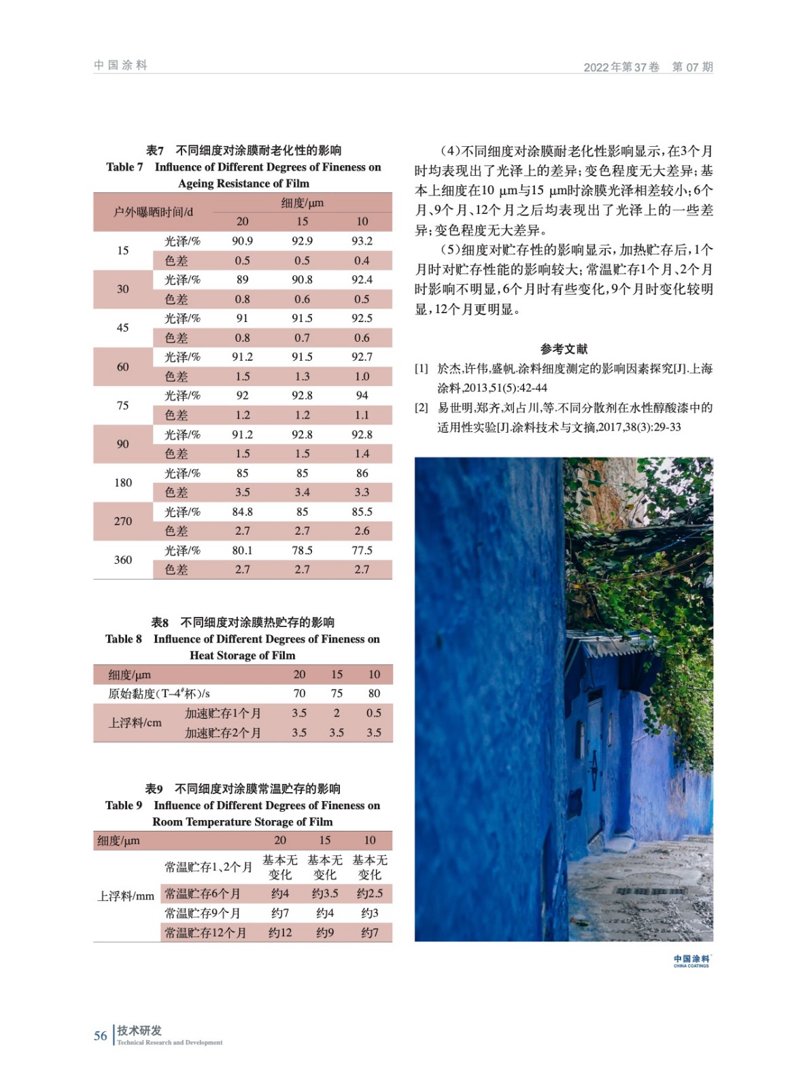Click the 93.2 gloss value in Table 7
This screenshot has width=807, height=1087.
362,241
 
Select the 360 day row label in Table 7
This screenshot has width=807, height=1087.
123,560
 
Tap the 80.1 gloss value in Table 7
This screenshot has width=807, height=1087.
242,550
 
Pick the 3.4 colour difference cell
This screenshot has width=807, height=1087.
302,493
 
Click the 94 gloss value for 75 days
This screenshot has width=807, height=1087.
362,395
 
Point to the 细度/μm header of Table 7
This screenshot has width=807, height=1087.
302,202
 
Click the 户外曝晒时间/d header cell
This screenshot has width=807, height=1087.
153,212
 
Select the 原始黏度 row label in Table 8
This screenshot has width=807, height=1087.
159,694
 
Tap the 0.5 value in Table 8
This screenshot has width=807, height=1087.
373,713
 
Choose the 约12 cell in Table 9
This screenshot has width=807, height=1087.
280,933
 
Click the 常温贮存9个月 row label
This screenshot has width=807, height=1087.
203,913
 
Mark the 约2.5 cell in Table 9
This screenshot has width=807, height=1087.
370,894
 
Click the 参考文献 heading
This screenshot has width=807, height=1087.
564,349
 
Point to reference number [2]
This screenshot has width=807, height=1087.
422,408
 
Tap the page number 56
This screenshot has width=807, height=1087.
101,1036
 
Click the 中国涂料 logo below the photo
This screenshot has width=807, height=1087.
691,961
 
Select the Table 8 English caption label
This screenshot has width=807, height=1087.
124,639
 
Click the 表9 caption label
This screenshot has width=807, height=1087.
154,789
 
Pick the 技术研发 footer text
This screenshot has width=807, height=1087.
139,1031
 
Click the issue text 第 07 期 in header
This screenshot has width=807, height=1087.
692,67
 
